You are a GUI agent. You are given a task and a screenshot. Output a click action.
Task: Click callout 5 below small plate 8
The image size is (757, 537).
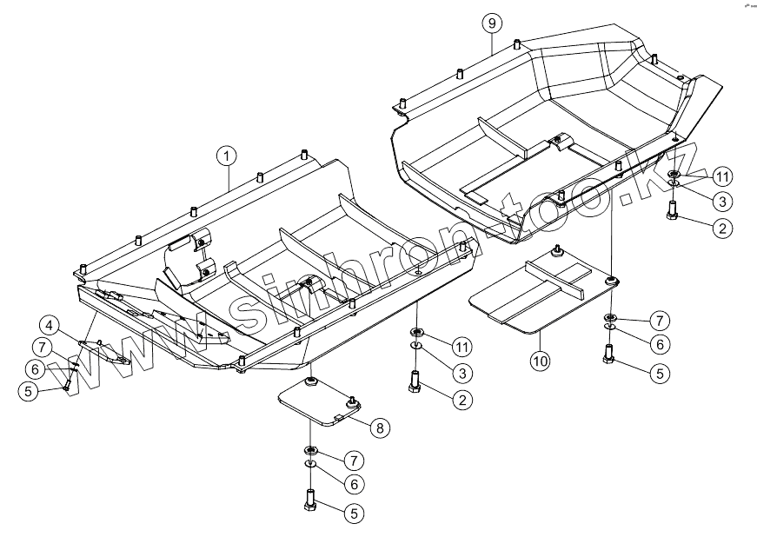click(353, 513)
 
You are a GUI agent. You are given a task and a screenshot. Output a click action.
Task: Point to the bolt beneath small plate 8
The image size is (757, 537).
click(309, 501)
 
